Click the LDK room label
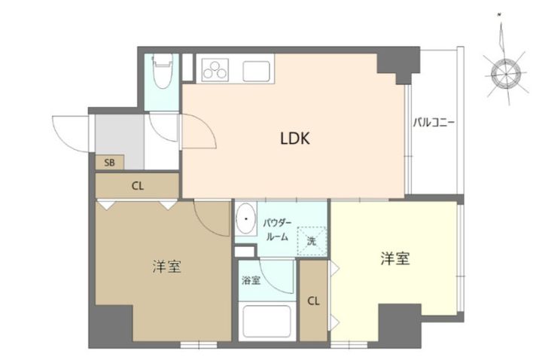tap(296, 139)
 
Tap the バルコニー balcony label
tap(433, 123)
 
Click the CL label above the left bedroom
tap(138, 186)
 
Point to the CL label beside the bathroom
tap(313, 301)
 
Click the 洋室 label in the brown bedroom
tap(166, 267)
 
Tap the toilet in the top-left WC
tap(161, 73)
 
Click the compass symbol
tap(504, 73)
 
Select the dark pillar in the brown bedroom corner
tap(110, 325)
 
